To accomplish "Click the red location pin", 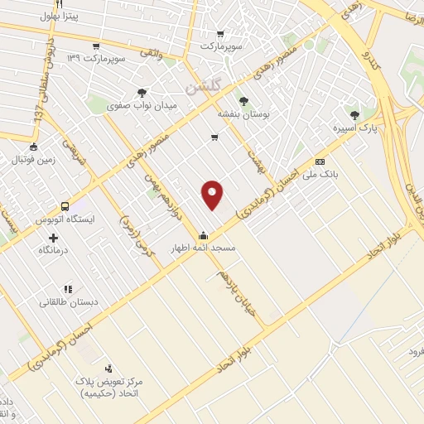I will pos(213,194).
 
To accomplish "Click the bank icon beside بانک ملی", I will pos(320,161).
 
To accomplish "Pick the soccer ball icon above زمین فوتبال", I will pos(33,145).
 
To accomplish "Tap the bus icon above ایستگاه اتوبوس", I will pos(65,206).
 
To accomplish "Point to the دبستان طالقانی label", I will pos(70,302).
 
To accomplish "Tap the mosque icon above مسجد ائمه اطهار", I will pos(204,234).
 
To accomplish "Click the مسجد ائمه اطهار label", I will pos(203,248).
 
